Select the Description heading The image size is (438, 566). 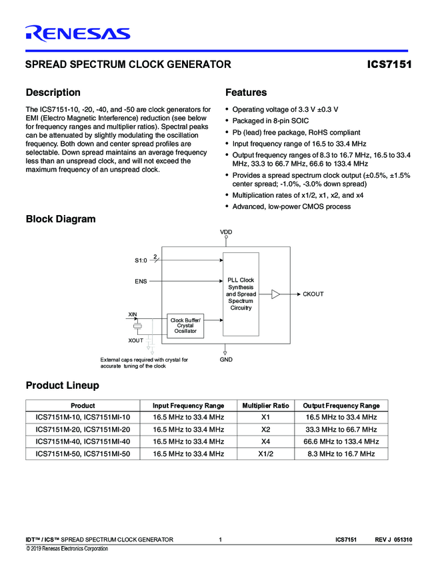(53, 93)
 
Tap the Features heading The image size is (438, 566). (246, 93)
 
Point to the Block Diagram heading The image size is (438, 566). (60, 219)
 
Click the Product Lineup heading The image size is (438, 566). (62, 386)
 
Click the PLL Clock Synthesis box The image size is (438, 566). (240, 294)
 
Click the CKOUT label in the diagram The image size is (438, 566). (313, 294)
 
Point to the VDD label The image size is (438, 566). (226, 232)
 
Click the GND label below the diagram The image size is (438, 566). (226, 360)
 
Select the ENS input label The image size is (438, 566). (141, 282)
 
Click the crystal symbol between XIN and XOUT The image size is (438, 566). (138, 326)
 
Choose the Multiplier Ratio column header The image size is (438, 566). (265, 406)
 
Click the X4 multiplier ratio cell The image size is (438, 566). (265, 441)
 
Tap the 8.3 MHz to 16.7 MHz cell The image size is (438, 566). (341, 453)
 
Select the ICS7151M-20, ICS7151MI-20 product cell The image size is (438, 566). (83, 429)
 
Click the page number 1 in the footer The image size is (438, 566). (220, 539)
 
